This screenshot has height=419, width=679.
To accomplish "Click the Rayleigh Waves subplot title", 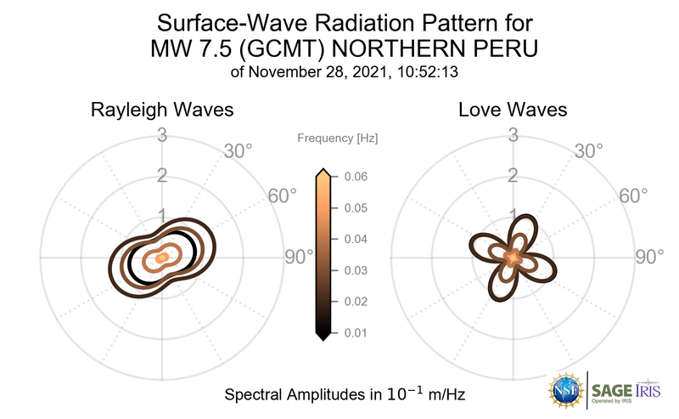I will coord(162,110).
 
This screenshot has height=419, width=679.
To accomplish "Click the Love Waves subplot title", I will coord(513,110).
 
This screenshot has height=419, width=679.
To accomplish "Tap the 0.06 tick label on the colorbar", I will coord(355,177).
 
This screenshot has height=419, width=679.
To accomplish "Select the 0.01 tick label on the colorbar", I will coord(355,332).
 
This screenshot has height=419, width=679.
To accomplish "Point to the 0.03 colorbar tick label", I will coord(355,270).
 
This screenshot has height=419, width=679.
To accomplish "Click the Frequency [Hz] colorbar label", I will coord(338,138).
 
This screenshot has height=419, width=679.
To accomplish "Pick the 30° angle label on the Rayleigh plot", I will coord(237,151).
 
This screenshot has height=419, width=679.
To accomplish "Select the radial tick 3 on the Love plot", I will coord(513,134).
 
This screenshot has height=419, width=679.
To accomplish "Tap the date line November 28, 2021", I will coord(344,72).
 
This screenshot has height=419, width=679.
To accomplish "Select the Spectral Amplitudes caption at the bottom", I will coord(344,395).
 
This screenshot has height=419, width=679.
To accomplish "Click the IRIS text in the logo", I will coord(657,388).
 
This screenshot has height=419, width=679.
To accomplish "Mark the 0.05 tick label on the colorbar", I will coord(355,208).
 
